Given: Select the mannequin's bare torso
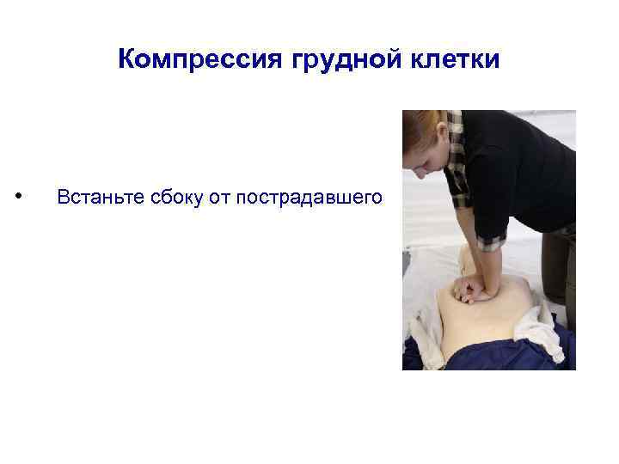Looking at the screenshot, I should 481,318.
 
